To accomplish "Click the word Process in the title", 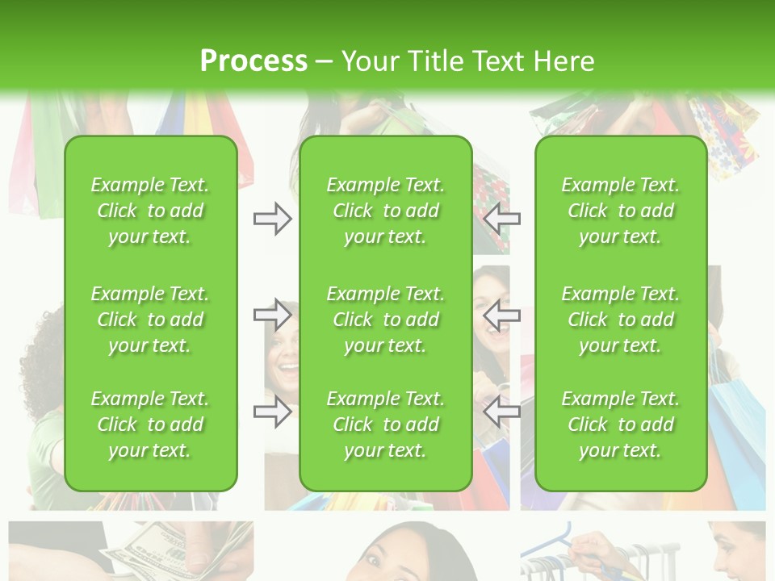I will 253,61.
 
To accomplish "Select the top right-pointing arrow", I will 273,219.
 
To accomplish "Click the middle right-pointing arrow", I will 273,315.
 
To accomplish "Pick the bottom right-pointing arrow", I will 273,412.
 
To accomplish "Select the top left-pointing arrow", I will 502,219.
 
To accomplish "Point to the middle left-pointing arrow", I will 502,315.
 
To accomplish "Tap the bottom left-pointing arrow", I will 502,412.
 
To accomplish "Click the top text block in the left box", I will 150,211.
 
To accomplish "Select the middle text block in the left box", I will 150,320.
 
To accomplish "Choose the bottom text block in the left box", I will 150,424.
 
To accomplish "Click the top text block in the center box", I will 385,211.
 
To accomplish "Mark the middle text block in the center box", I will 385,320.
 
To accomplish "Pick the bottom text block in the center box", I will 385,424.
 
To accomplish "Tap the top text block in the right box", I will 621,211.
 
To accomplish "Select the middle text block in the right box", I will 621,320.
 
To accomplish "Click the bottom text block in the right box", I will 621,424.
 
